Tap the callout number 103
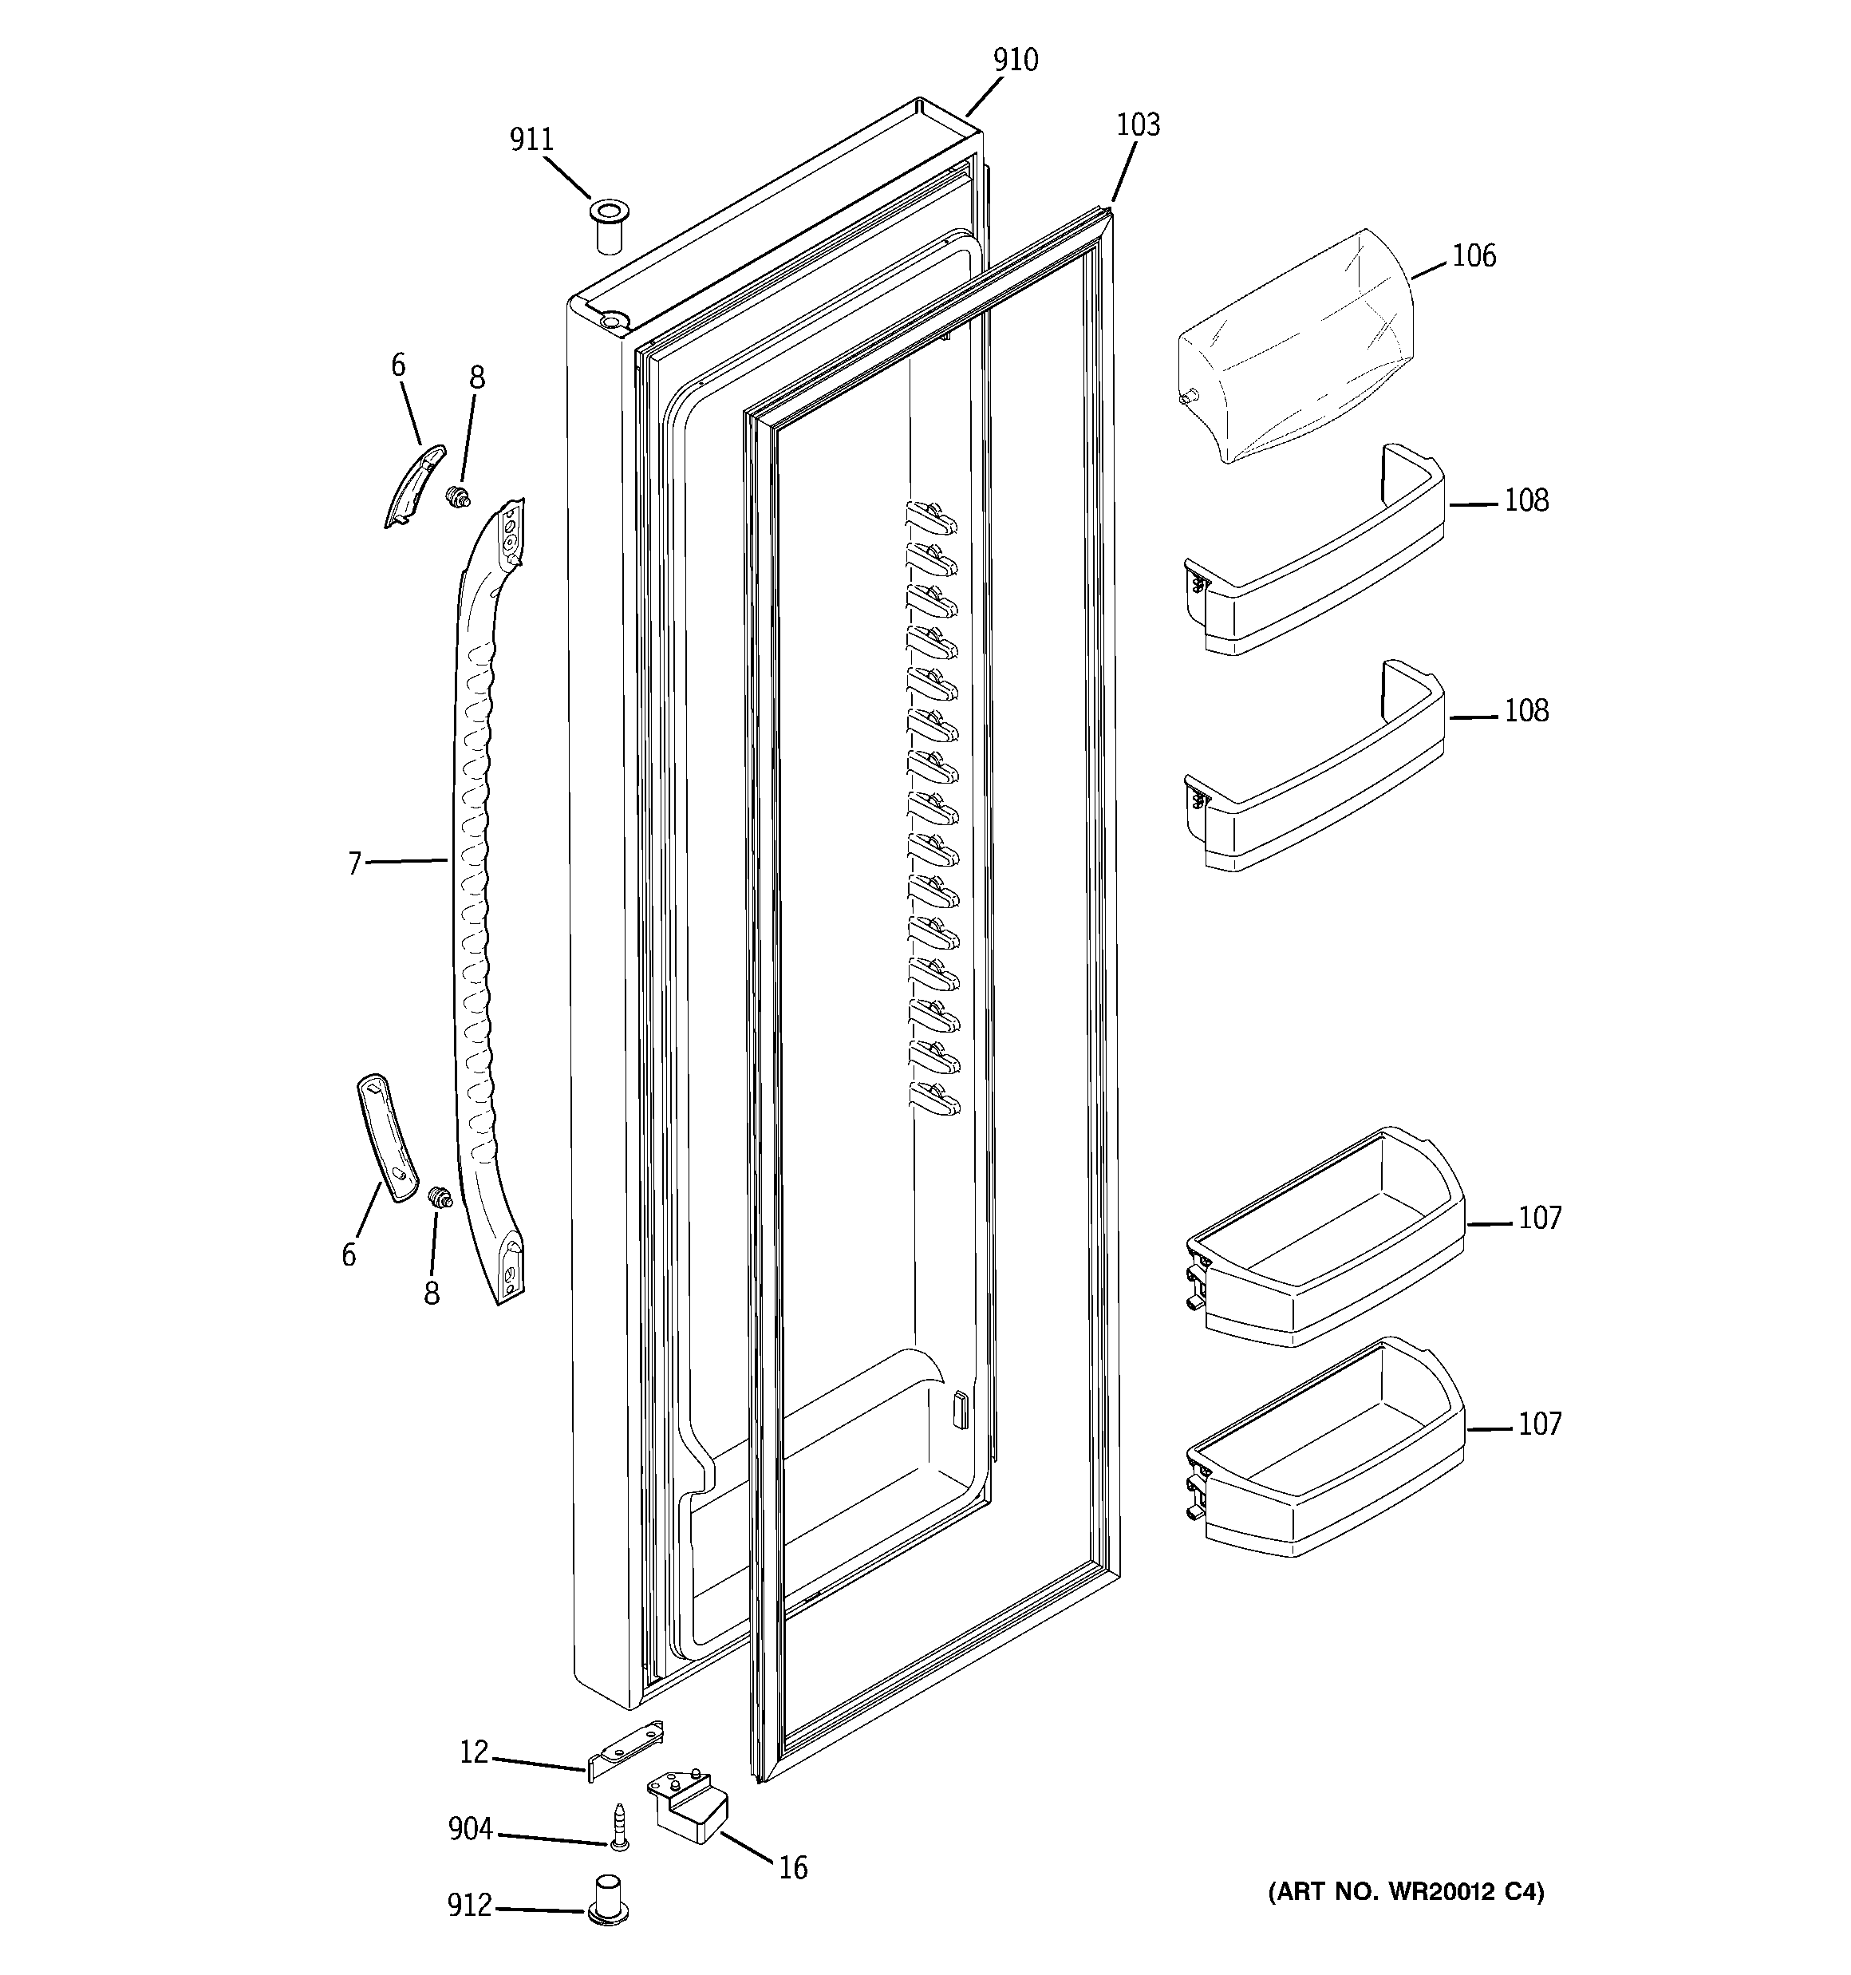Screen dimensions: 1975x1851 pyautogui.click(x=1138, y=125)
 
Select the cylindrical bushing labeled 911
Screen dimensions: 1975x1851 pyautogui.click(x=606, y=227)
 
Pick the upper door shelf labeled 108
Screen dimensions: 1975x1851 pyautogui.click(x=1312, y=556)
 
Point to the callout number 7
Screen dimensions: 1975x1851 pyautogui.click(x=353, y=864)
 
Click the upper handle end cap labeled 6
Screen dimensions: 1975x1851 pyautogui.click(x=414, y=485)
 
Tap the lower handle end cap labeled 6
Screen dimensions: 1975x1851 pyautogui.click(x=386, y=1136)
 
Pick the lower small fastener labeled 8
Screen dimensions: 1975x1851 pyautogui.click(x=437, y=1198)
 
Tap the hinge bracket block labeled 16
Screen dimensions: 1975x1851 pyautogui.click(x=688, y=1808)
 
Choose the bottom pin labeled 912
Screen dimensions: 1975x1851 pyautogui.click(x=608, y=1902)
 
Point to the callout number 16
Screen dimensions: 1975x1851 pyautogui.click(x=792, y=1869)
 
